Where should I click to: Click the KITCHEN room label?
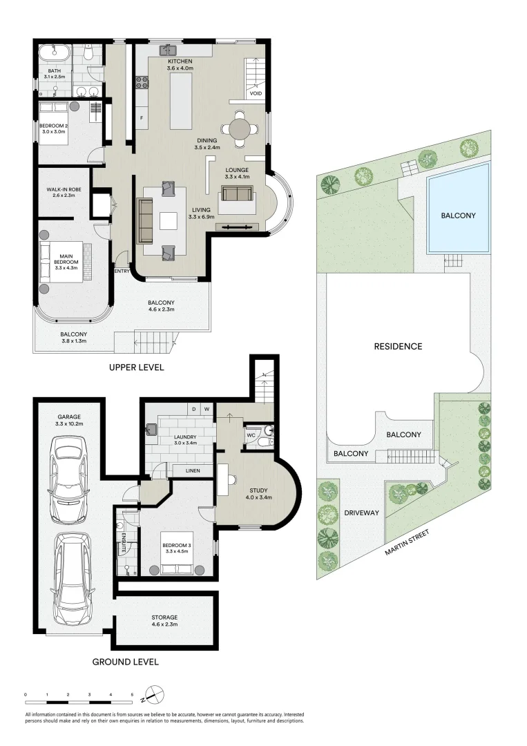click(179, 61)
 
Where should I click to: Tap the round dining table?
click(238, 129)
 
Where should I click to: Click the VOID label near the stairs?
click(256, 93)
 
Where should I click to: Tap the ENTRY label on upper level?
click(122, 271)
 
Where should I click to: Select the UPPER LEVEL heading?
click(136, 367)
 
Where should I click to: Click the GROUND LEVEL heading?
click(126, 662)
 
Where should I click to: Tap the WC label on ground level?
click(251, 435)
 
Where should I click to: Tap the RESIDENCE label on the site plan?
click(397, 346)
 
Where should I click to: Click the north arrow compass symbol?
click(156, 693)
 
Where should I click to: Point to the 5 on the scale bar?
click(132, 694)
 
